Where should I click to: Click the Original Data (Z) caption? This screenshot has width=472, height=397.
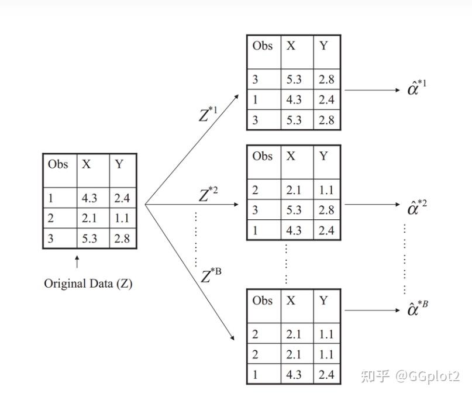coord(88,284)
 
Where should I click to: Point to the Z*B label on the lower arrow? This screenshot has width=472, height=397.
coord(211,275)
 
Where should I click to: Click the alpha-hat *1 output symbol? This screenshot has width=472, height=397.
coord(417,89)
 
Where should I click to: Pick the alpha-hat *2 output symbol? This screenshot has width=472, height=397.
coord(417,207)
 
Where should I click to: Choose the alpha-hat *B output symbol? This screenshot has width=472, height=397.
coord(417,308)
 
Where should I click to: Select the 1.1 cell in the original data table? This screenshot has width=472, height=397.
coord(122,218)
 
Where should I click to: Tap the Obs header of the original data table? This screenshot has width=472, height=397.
coord(58,164)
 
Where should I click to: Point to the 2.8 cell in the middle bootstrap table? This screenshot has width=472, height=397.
coord(326,210)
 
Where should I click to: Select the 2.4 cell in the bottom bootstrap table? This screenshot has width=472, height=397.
coord(326,374)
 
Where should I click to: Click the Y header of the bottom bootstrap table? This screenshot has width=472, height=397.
coord(324,301)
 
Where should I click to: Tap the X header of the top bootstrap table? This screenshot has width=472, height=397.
coord(291,46)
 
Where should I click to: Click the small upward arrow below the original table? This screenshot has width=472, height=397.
coord(77,261)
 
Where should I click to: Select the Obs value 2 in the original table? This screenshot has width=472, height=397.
coord(51,218)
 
